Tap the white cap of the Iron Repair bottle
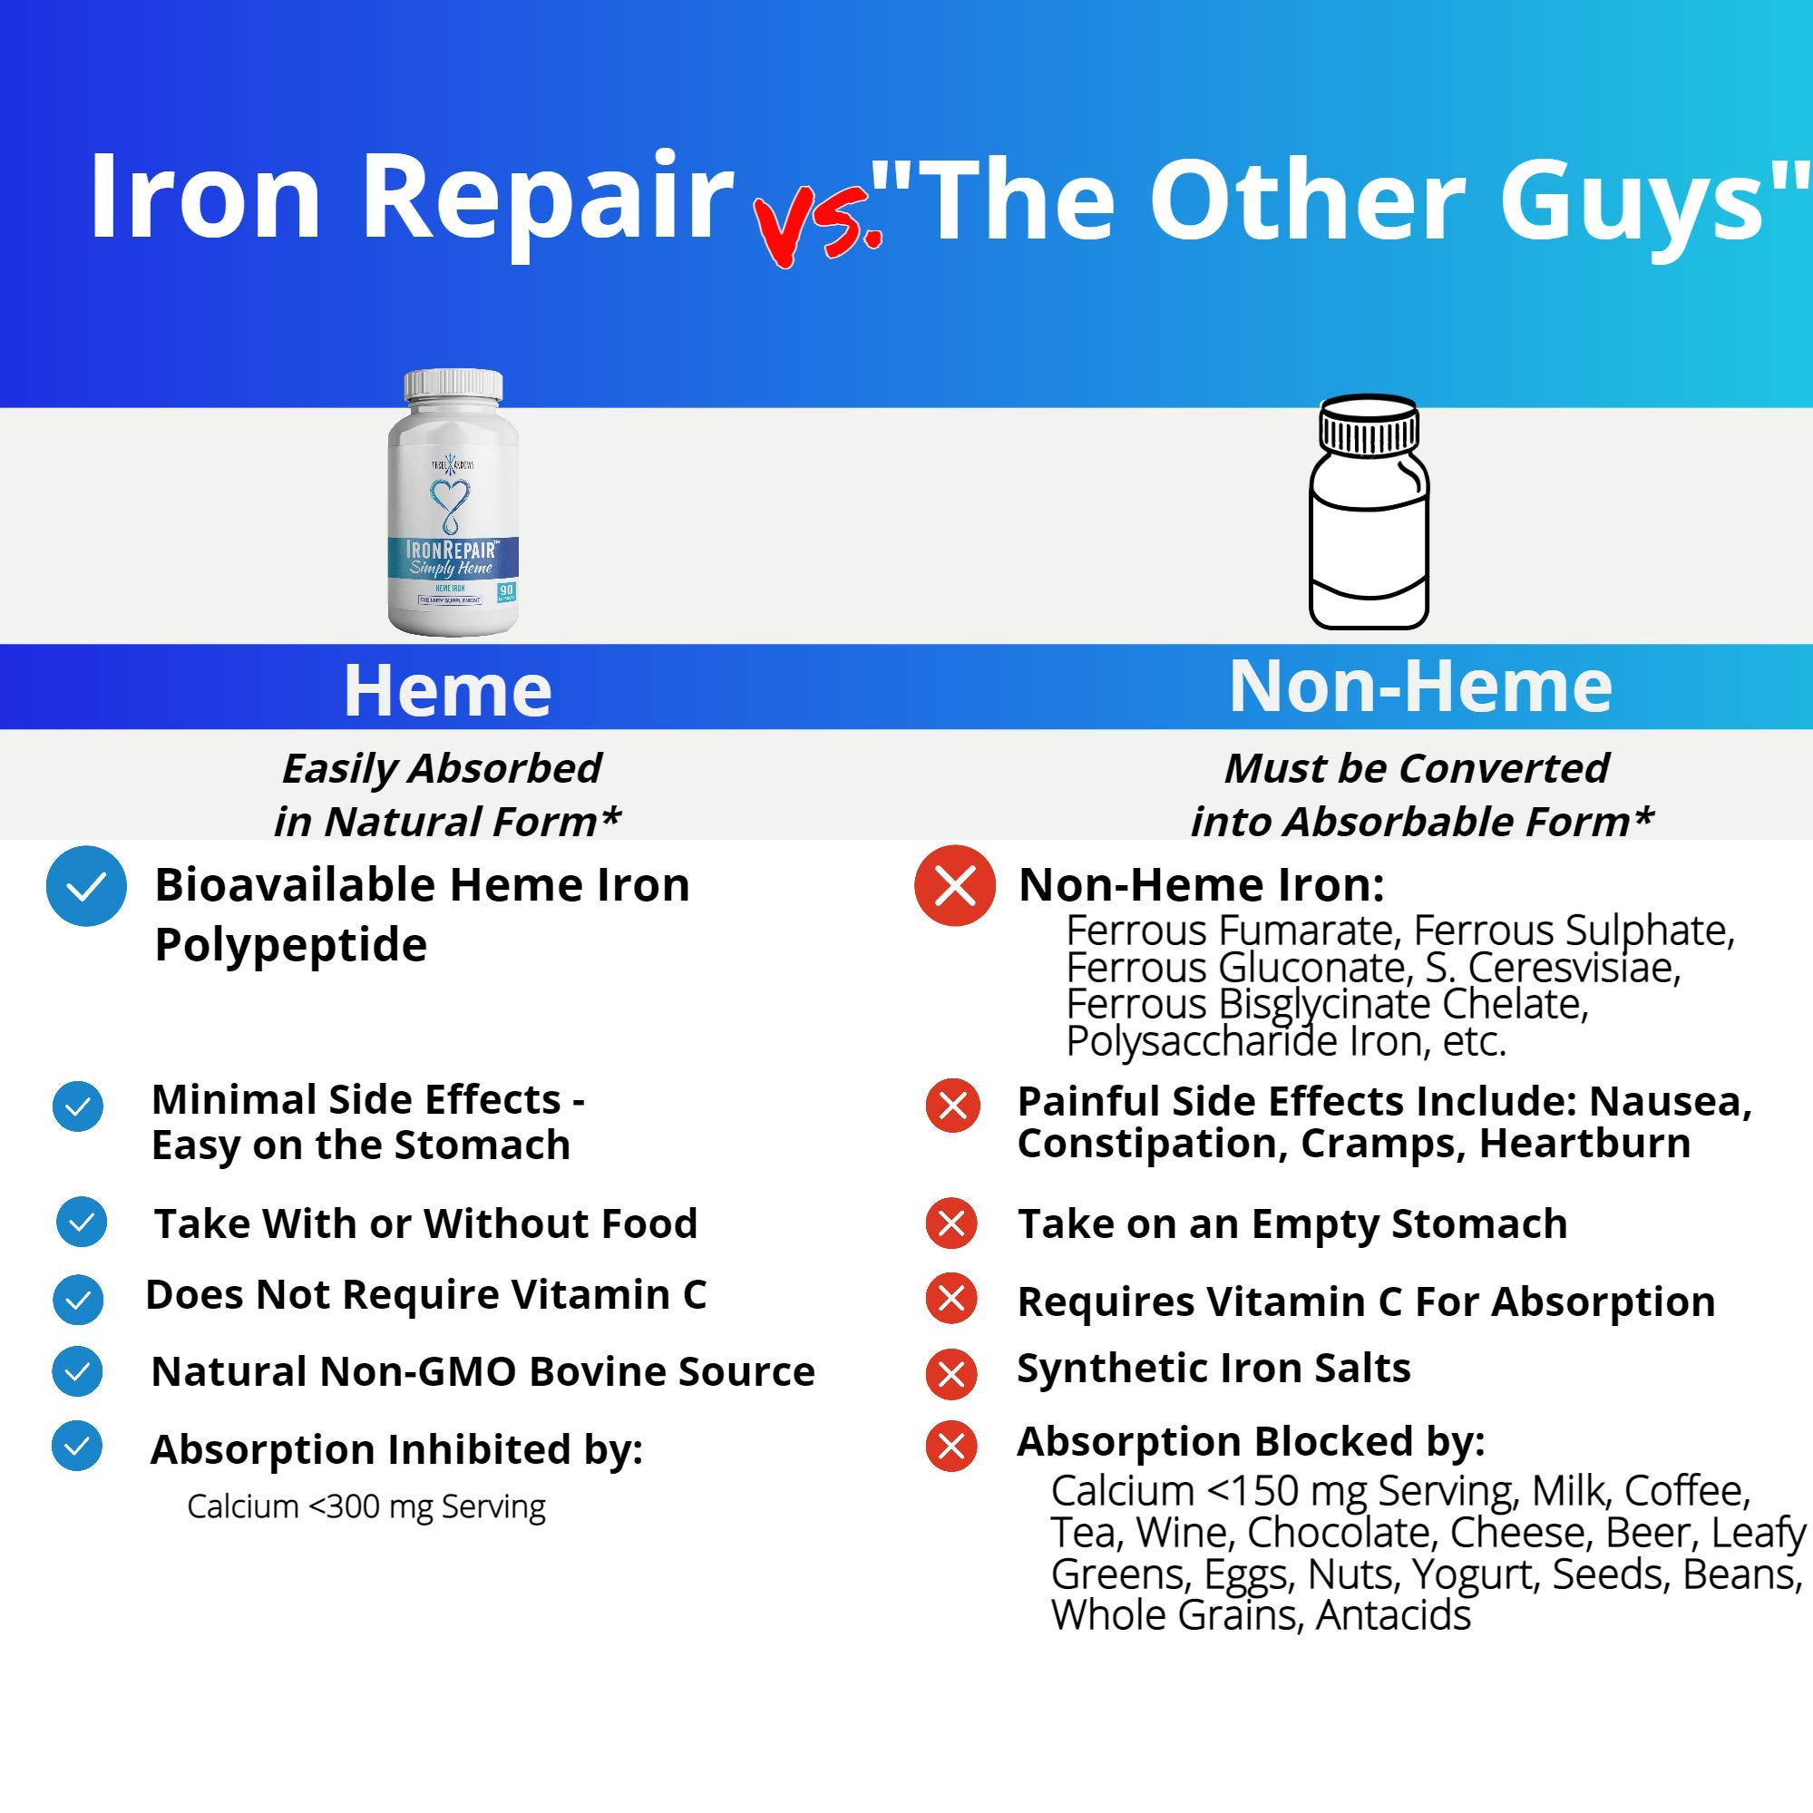(x=453, y=385)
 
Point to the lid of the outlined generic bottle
(x=1369, y=424)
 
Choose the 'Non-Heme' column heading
(x=1419, y=686)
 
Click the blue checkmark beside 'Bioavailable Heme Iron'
(x=86, y=886)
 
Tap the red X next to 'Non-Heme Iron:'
(x=954, y=886)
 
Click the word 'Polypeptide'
(x=291, y=944)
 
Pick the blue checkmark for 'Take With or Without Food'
(x=82, y=1222)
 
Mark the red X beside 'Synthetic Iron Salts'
(x=951, y=1374)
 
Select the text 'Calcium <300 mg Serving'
(x=366, y=1506)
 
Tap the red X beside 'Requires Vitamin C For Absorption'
(x=951, y=1299)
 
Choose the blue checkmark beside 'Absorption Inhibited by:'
(x=78, y=1446)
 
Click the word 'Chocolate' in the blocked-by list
(x=1341, y=1533)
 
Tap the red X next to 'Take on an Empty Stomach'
(x=951, y=1223)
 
